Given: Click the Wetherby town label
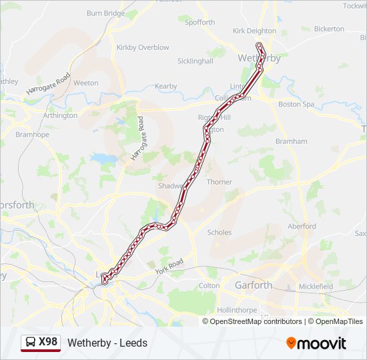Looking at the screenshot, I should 259,58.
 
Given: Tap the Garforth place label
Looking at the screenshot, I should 253,285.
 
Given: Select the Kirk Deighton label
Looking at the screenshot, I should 254,31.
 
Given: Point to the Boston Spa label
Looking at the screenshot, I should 296,105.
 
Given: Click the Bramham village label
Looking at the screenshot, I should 291,141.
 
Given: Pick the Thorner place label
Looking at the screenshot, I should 220,182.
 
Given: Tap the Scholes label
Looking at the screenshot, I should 220,233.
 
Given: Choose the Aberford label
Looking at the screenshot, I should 302,226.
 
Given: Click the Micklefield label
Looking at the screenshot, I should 316,287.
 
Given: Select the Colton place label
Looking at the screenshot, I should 209,286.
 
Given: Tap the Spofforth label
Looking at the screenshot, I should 200,22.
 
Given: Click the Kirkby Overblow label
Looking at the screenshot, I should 143,47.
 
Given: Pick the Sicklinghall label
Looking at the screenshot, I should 195,61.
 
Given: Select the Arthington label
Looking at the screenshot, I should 60,115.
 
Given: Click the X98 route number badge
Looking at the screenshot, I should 41,343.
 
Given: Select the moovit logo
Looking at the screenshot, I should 316,343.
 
